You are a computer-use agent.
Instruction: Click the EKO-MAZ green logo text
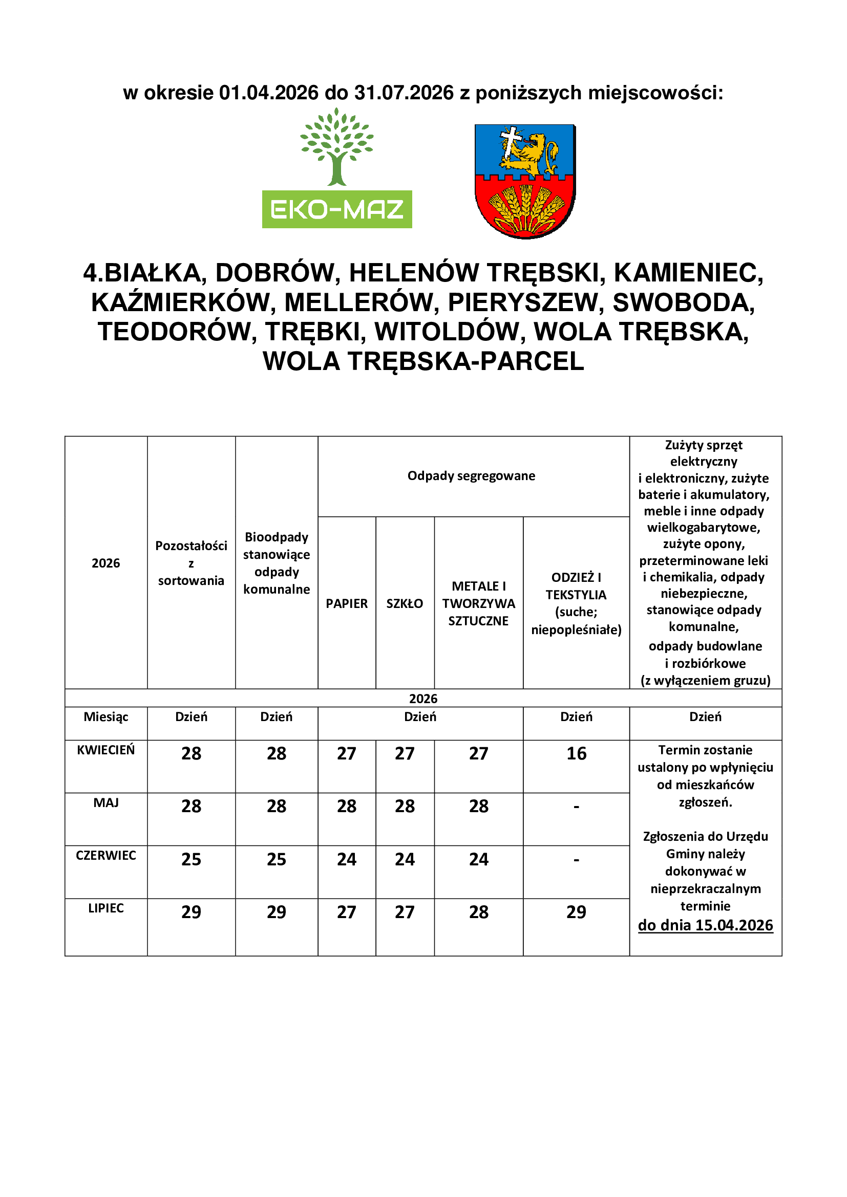(x=337, y=210)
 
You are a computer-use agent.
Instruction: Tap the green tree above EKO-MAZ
(x=337, y=146)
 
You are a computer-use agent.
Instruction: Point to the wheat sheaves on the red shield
(x=526, y=210)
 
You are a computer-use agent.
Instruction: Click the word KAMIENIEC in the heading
(x=688, y=273)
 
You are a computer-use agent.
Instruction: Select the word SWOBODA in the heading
(x=684, y=302)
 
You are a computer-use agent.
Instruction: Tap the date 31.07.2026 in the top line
(x=404, y=93)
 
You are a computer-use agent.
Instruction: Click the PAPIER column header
(x=347, y=603)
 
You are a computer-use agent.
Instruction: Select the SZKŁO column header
(x=405, y=603)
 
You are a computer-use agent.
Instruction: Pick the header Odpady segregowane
(x=471, y=475)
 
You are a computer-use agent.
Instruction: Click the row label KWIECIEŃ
(x=106, y=750)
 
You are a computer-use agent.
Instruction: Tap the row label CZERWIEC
(x=106, y=855)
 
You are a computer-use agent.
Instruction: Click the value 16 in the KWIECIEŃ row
(x=576, y=753)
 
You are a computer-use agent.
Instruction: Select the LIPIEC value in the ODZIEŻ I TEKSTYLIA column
(x=576, y=912)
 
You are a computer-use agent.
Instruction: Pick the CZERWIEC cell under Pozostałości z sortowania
(x=192, y=859)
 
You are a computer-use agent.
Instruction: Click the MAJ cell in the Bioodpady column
(x=277, y=806)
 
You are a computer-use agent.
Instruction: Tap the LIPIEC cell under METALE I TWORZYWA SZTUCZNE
(x=479, y=912)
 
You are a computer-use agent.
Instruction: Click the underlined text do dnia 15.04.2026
(x=705, y=925)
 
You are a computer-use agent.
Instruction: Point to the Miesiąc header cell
(x=106, y=717)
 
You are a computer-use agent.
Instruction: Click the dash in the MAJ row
(x=576, y=807)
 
